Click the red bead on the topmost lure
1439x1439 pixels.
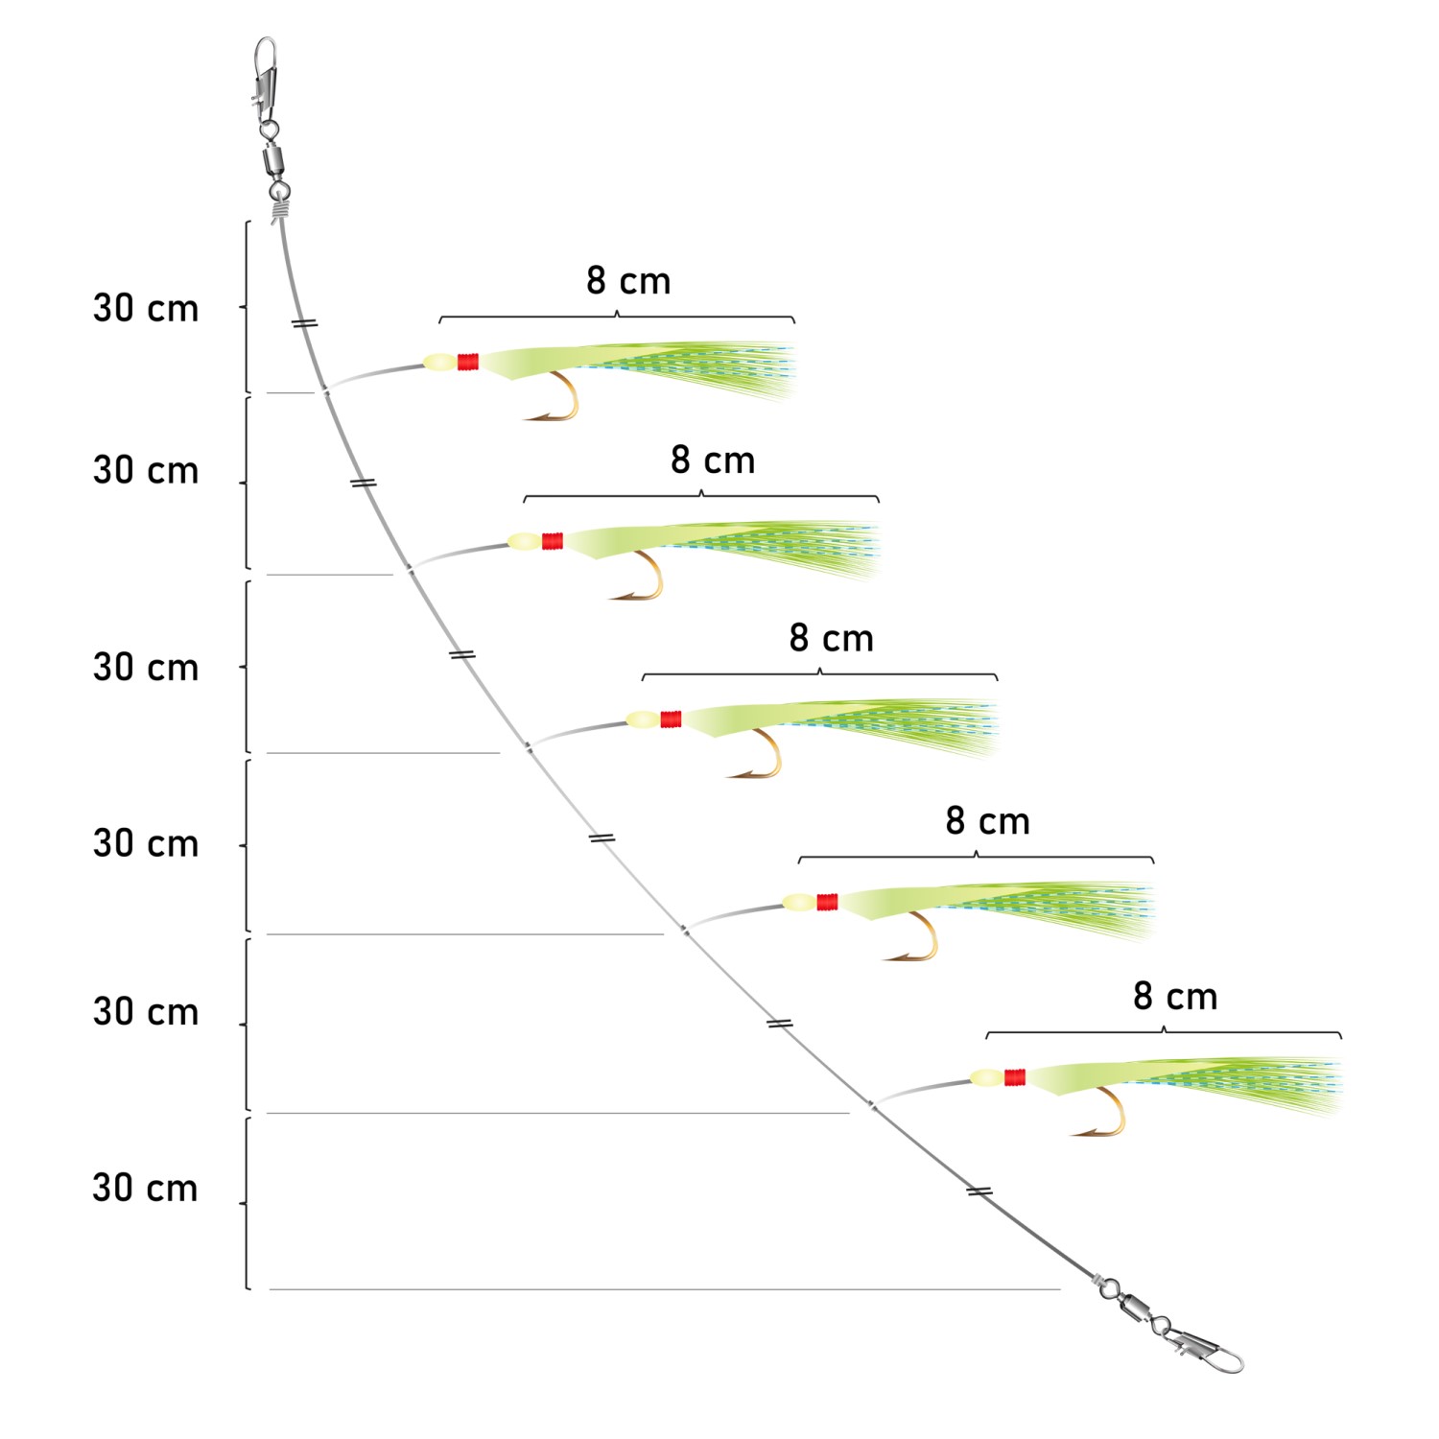(x=468, y=362)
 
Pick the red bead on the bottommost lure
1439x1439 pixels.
(x=1015, y=1077)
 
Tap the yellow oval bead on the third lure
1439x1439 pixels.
(x=643, y=719)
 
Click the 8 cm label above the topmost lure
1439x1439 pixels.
(x=628, y=281)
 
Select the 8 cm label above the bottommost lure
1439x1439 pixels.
(x=1175, y=997)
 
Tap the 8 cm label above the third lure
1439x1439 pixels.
(x=831, y=639)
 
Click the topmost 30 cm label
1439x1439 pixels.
(x=146, y=309)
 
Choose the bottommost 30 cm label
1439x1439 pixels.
(x=146, y=1189)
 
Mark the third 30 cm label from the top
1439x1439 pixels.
(x=146, y=668)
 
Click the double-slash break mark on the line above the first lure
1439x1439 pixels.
(x=305, y=323)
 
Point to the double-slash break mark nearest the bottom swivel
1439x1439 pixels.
(x=979, y=1191)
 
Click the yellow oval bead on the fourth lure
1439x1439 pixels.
(x=799, y=902)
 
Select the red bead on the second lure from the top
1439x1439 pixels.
(x=553, y=541)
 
